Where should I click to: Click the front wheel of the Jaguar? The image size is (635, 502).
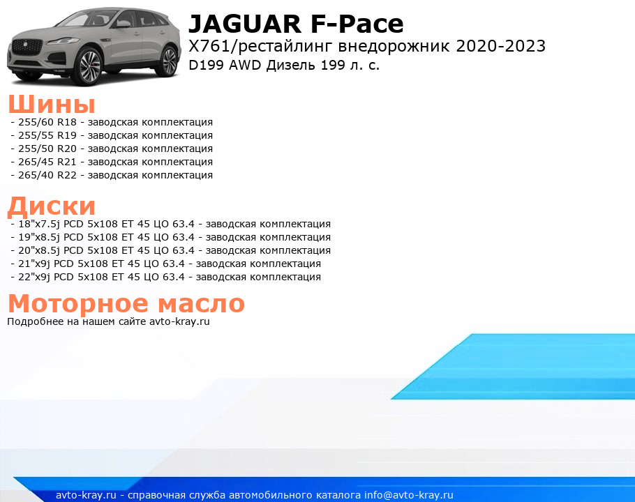tap(88, 66)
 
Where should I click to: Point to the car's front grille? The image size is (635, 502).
tap(27, 47)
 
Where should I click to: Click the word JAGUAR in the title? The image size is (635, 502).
tap(245, 24)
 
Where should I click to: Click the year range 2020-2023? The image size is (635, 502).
tap(500, 46)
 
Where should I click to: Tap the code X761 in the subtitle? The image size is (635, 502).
tap(209, 46)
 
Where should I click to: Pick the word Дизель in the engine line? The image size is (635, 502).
tap(291, 65)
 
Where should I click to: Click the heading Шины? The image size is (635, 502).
tap(52, 104)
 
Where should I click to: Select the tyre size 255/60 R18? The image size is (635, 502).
tap(47, 122)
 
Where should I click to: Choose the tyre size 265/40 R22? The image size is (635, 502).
tap(47, 175)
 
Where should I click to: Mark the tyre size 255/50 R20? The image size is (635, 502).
tap(47, 149)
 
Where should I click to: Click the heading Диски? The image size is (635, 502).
tap(52, 206)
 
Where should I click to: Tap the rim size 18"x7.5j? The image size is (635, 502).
tap(39, 224)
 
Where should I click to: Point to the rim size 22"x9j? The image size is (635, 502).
tap(34, 277)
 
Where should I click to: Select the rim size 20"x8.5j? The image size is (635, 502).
tap(39, 250)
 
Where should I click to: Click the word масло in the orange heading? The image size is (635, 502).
tap(201, 303)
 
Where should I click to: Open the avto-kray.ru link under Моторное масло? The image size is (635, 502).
tap(179, 321)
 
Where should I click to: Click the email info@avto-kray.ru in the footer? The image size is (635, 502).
tap(409, 495)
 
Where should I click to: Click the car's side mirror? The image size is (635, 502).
tap(122, 24)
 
